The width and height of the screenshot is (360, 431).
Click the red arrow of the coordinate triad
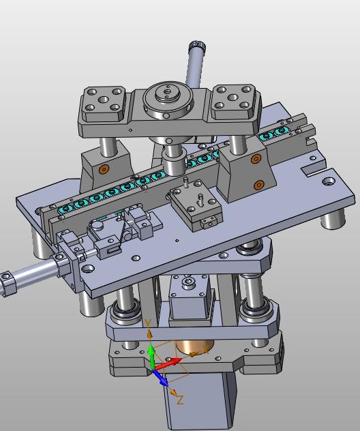168,363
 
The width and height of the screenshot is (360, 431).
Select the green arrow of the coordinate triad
151,357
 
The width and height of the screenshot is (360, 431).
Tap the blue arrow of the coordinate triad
160,378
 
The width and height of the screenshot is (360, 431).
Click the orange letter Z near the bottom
180,400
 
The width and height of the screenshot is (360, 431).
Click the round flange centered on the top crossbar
167,101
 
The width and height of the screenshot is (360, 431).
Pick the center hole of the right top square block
232,97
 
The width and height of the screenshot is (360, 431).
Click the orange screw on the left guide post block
104,169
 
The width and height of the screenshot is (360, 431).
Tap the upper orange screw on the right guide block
256,159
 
